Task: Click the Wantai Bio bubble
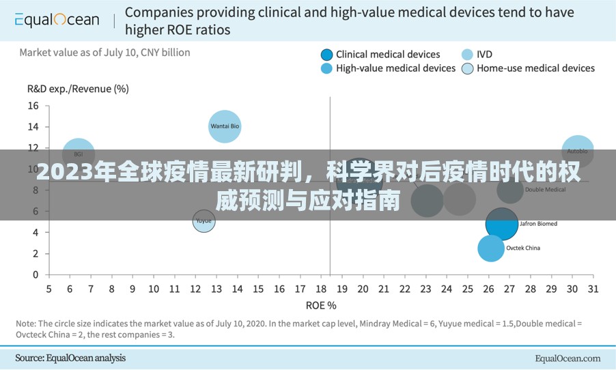[225, 126]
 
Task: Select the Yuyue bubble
[204, 221]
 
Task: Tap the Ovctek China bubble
[490, 248]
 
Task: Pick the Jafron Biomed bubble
[502, 224]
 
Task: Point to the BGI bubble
[79, 155]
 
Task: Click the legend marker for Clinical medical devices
[326, 55]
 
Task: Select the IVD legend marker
[467, 55]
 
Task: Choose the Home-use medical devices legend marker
[467, 68]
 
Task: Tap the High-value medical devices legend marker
[326, 68]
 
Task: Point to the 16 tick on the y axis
[33, 106]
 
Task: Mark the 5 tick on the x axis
[48, 289]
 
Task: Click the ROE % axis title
[321, 305]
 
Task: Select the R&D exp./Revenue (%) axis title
[78, 88]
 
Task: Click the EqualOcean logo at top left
[57, 20]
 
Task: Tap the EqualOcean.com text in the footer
[568, 358]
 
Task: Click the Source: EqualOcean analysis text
[70, 358]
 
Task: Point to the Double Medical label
[545, 190]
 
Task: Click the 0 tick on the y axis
[36, 274]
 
